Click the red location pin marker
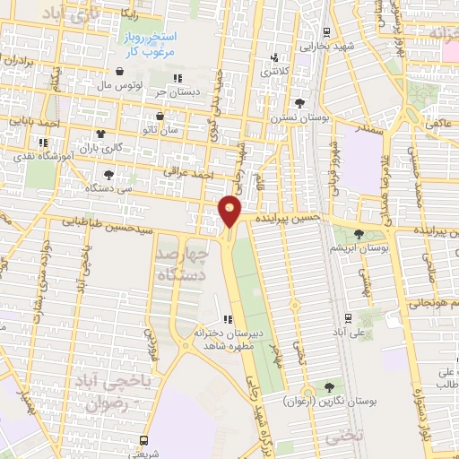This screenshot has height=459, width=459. click(x=230, y=210)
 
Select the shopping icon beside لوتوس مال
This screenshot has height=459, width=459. click(x=119, y=72)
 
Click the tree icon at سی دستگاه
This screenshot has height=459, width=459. click(x=108, y=176)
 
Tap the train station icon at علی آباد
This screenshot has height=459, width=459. click(x=349, y=317)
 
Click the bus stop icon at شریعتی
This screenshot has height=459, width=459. click(x=143, y=440)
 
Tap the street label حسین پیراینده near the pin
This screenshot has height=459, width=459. click(x=285, y=218)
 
